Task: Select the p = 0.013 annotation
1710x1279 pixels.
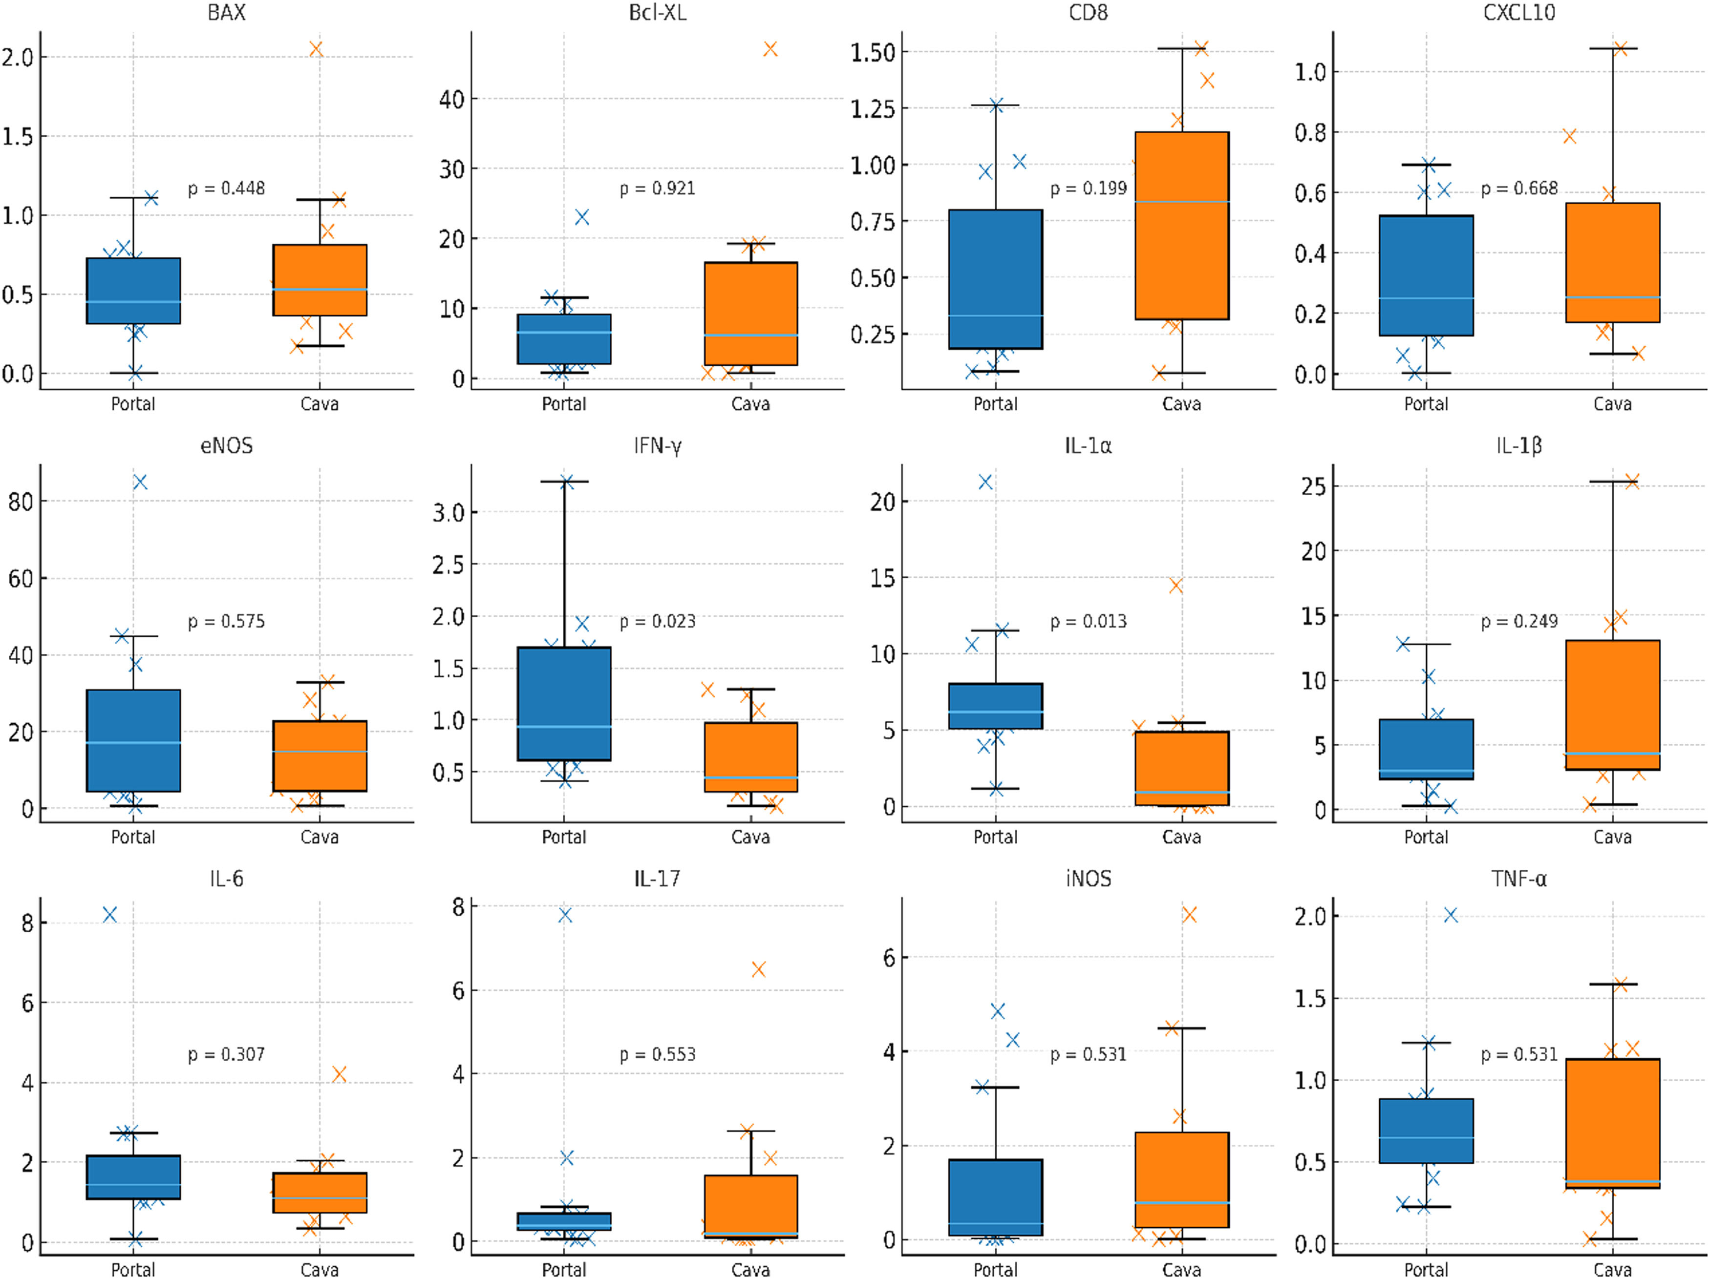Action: (x=1089, y=621)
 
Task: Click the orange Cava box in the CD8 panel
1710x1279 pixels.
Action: (x=1182, y=226)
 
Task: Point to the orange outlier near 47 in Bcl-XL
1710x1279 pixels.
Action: (x=770, y=49)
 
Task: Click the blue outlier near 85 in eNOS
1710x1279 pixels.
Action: (x=140, y=482)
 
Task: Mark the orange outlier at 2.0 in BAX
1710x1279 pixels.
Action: (x=316, y=49)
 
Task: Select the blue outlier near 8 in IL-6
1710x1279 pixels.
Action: (x=110, y=915)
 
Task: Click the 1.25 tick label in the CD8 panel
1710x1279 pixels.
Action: (x=873, y=109)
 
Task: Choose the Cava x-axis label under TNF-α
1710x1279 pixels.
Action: (x=1613, y=1270)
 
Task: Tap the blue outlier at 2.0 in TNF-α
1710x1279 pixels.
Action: (x=1451, y=915)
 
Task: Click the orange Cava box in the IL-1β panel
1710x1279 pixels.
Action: (x=1613, y=705)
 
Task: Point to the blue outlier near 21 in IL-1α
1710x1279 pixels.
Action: (x=985, y=482)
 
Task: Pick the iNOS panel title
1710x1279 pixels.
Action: (x=1089, y=879)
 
